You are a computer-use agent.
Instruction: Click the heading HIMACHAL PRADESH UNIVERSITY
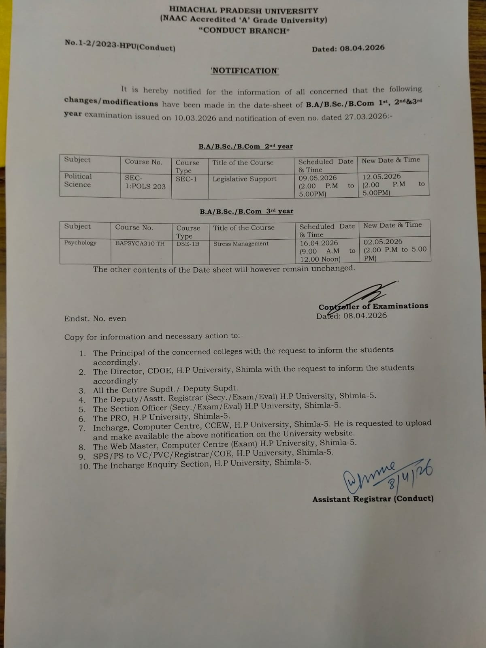(243, 10)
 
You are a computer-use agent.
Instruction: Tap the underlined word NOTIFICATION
(245, 70)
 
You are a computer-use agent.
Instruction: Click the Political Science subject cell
(78, 180)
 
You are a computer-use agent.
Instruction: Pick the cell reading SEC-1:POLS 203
(145, 182)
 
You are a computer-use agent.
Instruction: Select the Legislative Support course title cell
(245, 179)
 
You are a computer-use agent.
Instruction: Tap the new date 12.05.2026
(381, 176)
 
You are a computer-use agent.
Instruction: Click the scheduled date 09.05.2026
(318, 178)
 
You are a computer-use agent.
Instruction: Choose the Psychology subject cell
(80, 243)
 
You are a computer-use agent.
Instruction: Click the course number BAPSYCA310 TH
(140, 243)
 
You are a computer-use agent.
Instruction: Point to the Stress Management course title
(241, 243)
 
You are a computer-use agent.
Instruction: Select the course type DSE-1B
(188, 244)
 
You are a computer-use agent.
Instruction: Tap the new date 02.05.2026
(383, 242)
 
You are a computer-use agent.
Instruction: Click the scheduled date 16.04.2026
(319, 243)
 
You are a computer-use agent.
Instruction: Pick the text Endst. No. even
(95, 319)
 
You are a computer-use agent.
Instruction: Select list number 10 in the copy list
(85, 466)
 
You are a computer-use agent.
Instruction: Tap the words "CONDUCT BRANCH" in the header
(244, 30)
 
